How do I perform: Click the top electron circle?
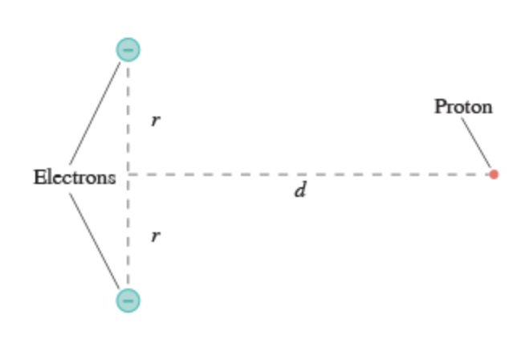pyautogui.click(x=128, y=49)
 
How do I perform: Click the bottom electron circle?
pyautogui.click(x=128, y=300)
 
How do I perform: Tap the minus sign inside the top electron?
pyautogui.click(x=128, y=49)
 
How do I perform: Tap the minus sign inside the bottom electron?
pyautogui.click(x=128, y=300)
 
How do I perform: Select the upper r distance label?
pyautogui.click(x=156, y=121)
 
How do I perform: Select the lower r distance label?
pyautogui.click(x=156, y=236)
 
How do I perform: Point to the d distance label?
pyautogui.click(x=299, y=191)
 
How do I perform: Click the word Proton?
pyautogui.click(x=463, y=106)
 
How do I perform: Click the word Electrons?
pyautogui.click(x=74, y=177)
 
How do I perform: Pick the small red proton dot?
pyautogui.click(x=494, y=174)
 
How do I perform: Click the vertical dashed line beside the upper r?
pyautogui.click(x=128, y=112)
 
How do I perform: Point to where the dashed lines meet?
pyautogui.click(x=128, y=174)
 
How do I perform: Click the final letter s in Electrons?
pyautogui.click(x=112, y=178)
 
